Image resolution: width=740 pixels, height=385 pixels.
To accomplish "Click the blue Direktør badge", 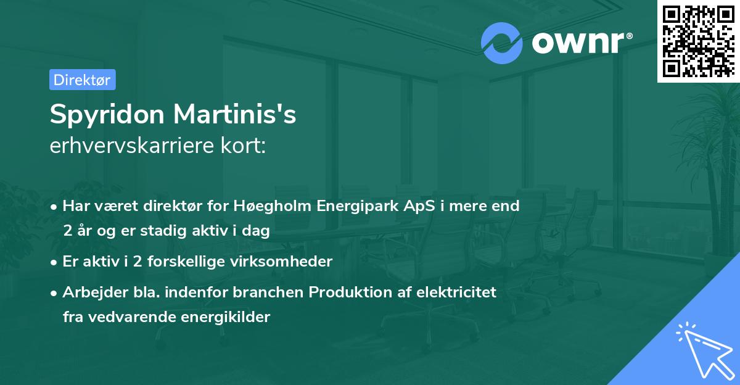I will (82, 80).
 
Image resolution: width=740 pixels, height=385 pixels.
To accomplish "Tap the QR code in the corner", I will (699, 41).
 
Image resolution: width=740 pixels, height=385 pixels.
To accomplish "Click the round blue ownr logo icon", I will (502, 43).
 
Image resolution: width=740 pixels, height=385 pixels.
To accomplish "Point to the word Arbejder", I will (89, 292).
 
